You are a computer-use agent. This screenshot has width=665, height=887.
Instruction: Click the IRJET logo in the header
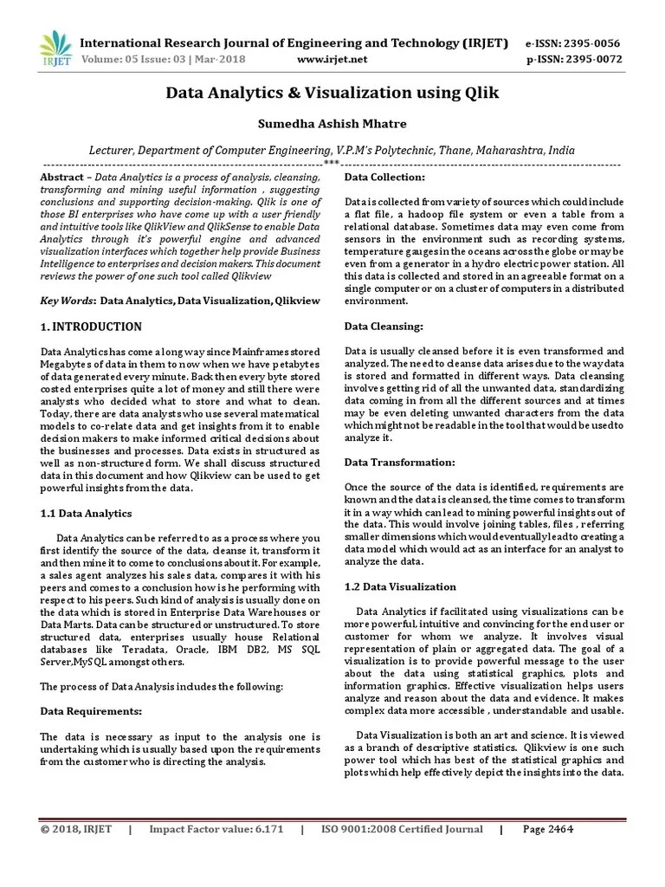click(55, 49)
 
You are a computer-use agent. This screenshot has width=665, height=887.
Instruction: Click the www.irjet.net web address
click(332, 59)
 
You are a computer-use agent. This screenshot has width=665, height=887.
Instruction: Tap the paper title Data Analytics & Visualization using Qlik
click(332, 93)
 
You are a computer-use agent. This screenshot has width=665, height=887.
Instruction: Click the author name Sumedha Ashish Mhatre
click(332, 124)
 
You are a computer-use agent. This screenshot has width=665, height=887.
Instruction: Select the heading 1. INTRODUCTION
click(92, 327)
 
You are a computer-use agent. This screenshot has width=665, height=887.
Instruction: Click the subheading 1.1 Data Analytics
click(87, 513)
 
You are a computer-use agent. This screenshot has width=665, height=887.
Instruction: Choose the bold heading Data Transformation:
click(399, 463)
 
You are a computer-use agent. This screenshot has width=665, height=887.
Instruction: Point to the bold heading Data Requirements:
click(91, 710)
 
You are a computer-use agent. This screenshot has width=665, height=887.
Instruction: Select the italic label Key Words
click(68, 301)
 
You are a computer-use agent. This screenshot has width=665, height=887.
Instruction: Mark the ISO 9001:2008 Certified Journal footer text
click(403, 829)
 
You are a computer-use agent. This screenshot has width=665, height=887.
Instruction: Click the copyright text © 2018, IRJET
click(76, 829)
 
